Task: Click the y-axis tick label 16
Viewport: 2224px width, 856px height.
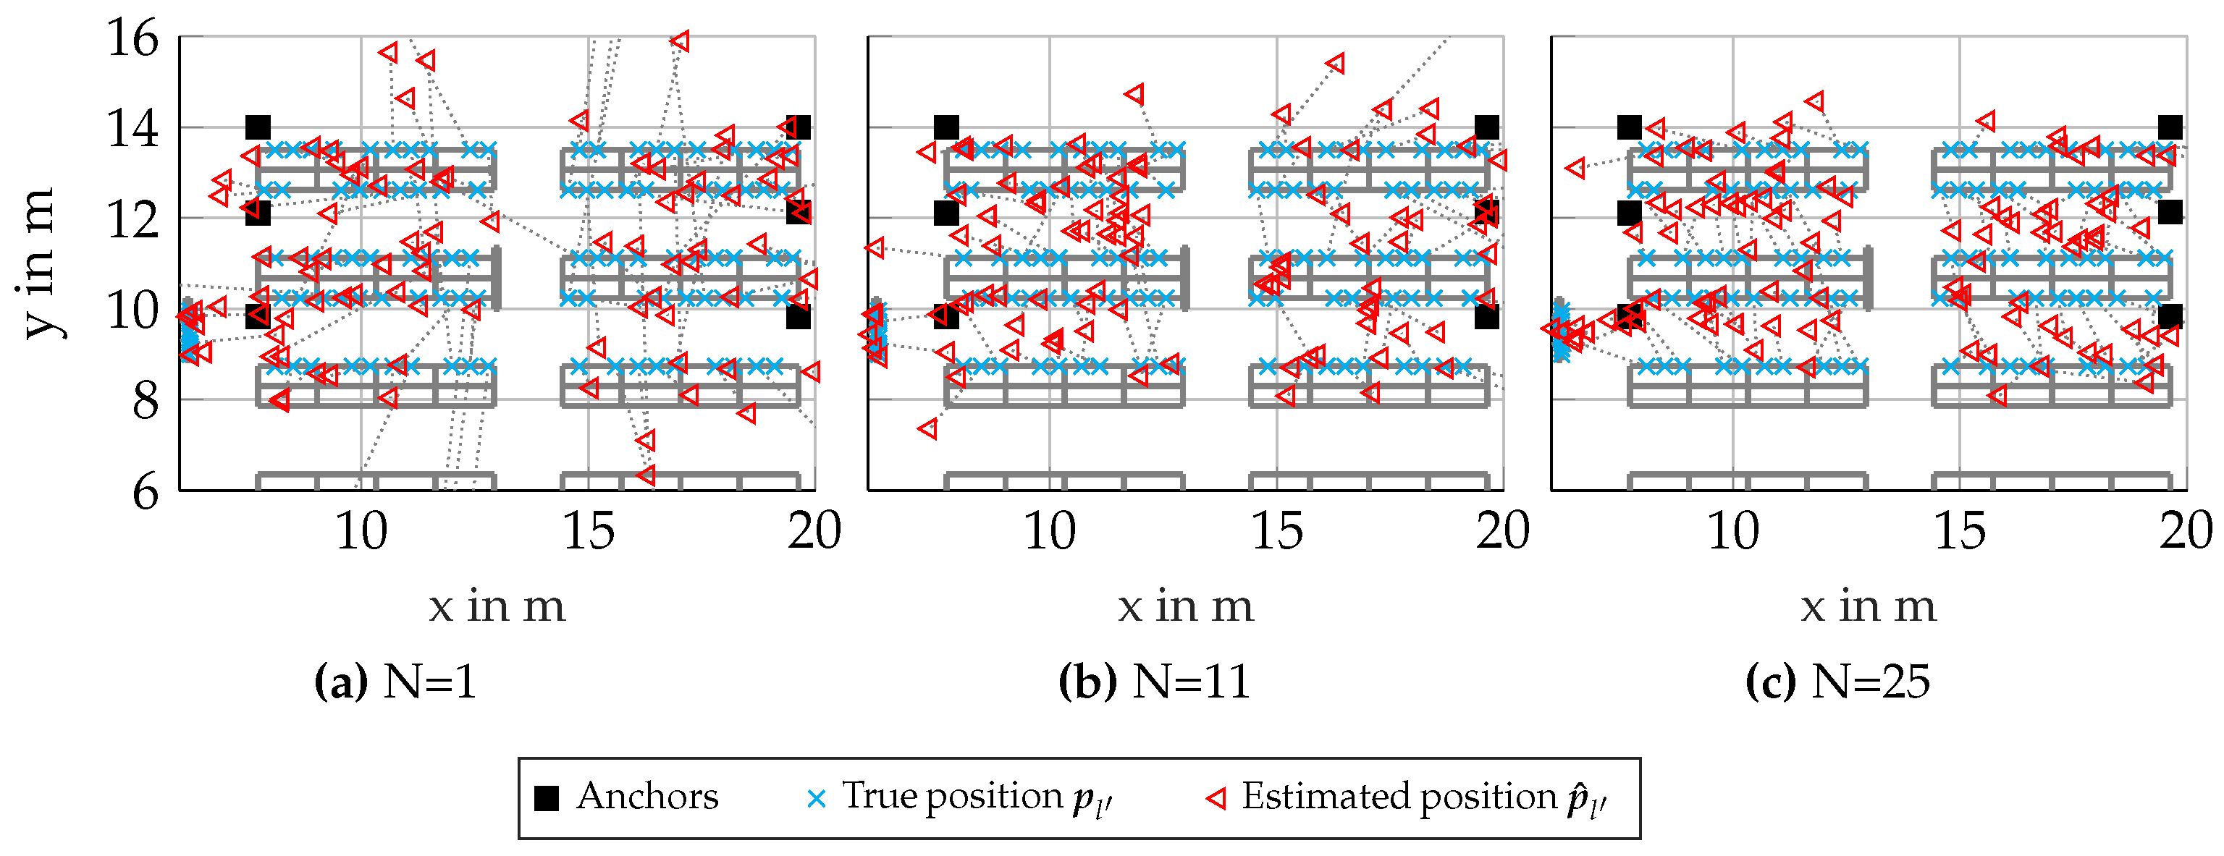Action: pyautogui.click(x=132, y=39)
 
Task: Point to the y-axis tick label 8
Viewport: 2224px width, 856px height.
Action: pyautogui.click(x=145, y=402)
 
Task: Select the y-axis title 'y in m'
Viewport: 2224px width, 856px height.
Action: pyautogui.click(x=39, y=263)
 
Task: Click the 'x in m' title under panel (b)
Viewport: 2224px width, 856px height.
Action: pyautogui.click(x=1185, y=606)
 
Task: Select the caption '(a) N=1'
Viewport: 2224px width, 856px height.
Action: pyautogui.click(x=395, y=682)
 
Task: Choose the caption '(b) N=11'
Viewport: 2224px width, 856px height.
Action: pyautogui.click(x=1154, y=682)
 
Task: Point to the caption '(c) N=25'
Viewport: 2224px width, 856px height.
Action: pyautogui.click(x=1837, y=682)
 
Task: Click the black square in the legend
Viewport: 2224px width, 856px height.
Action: pyautogui.click(x=547, y=799)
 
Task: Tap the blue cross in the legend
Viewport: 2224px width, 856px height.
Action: pyautogui.click(x=816, y=799)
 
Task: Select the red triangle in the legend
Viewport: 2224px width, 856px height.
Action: pyautogui.click(x=1216, y=799)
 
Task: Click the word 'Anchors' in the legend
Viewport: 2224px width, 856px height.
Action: pyautogui.click(x=647, y=797)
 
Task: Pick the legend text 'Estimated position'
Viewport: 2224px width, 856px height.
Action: pyautogui.click(x=1399, y=797)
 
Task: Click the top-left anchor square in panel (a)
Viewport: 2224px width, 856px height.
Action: pyautogui.click(x=257, y=127)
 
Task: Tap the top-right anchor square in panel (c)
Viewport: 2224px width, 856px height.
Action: pyautogui.click(x=2170, y=127)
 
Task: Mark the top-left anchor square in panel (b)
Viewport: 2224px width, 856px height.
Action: pyautogui.click(x=946, y=127)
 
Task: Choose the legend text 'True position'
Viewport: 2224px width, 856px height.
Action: pyautogui.click(x=952, y=797)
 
